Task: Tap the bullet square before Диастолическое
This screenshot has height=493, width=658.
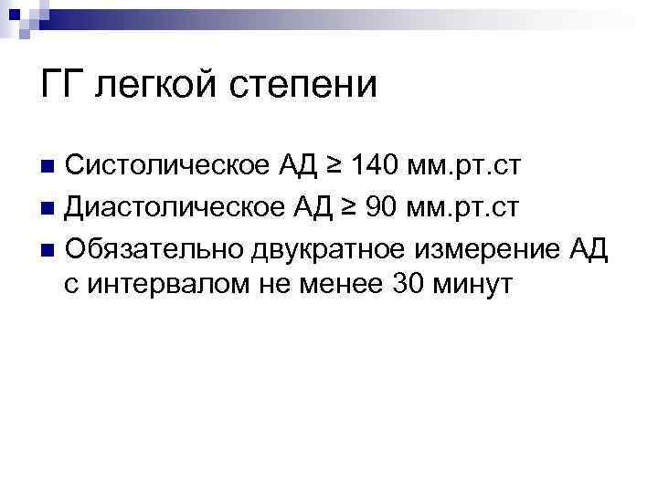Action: pyautogui.click(x=49, y=207)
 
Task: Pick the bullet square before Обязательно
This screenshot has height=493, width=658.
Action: pyautogui.click(x=49, y=247)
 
